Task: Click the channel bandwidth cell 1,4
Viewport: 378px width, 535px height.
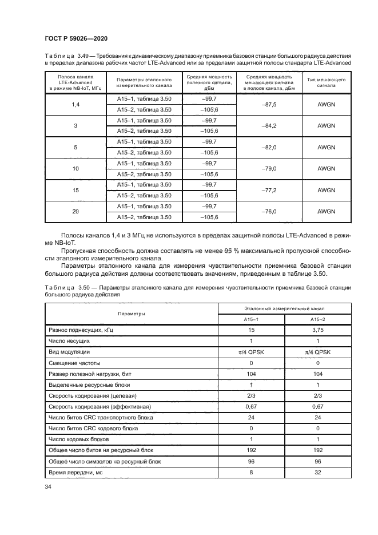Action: (x=75, y=105)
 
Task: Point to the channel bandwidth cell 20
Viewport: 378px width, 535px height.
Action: (x=75, y=211)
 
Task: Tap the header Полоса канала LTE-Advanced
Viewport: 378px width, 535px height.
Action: (x=75, y=81)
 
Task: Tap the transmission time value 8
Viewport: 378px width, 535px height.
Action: (x=251, y=472)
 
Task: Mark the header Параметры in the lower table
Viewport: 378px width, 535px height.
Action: (x=132, y=314)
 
